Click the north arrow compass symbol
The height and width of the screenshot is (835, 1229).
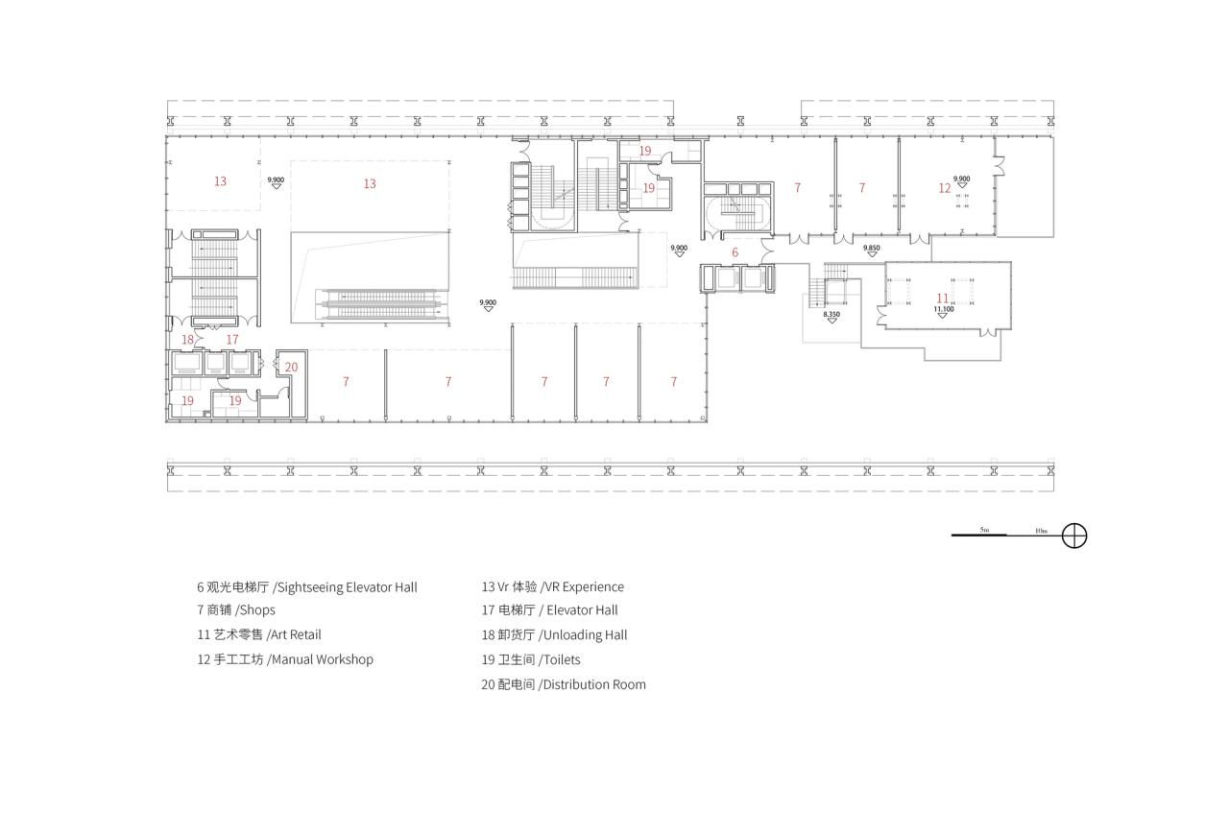1074,536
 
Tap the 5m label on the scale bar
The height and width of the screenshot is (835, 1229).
984,530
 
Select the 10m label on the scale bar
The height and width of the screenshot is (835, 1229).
1041,530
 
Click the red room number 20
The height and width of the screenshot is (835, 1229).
291,368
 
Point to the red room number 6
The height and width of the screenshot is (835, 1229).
735,253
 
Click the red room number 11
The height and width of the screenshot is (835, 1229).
943,298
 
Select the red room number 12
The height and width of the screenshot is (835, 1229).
945,188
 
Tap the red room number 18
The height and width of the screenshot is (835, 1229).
188,340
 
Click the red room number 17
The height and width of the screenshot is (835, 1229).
232,340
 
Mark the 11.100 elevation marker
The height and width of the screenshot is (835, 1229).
944,311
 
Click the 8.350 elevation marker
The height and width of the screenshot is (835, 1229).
831,316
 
